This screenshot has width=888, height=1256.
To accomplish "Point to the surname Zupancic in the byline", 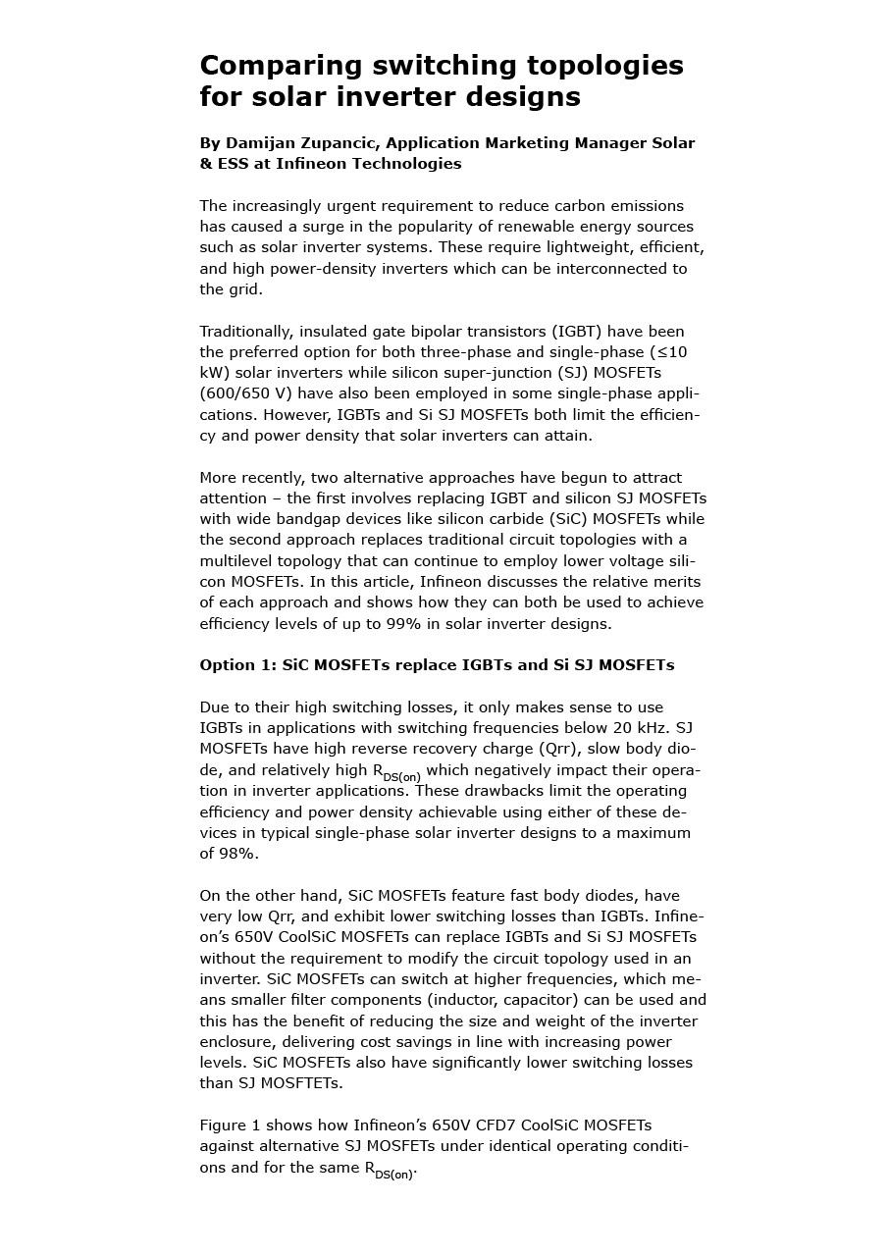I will point(348,143).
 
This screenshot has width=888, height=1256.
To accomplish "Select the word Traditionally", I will point(245,332).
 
